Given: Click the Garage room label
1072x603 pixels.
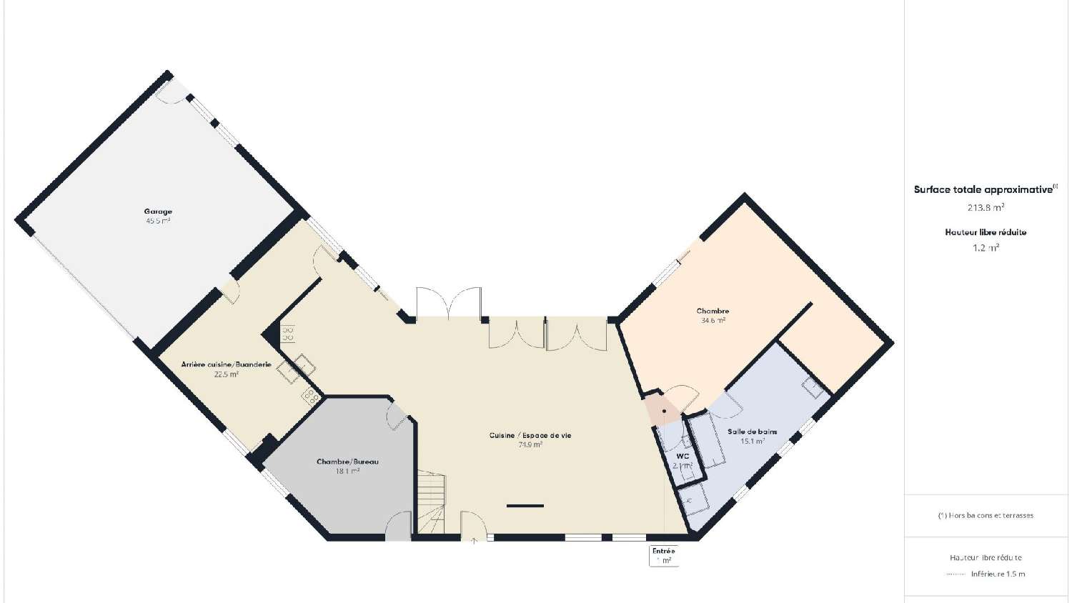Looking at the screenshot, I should point(158,211).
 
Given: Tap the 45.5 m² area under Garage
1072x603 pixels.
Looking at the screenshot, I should point(158,221).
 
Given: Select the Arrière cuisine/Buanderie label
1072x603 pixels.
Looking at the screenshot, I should point(226,364).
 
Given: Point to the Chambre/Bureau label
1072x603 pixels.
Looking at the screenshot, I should point(347,462).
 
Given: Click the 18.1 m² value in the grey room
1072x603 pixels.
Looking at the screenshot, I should point(347,471).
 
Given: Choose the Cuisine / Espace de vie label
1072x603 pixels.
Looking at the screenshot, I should point(530,435).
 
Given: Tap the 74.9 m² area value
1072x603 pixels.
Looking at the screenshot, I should point(530,444).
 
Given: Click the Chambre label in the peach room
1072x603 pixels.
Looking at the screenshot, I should point(713,311).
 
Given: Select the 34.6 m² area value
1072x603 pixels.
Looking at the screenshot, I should point(713,321).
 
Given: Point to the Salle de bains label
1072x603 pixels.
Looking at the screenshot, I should point(752,432).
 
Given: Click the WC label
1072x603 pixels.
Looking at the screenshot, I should point(683,456).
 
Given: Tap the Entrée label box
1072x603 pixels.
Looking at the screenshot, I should point(663,555).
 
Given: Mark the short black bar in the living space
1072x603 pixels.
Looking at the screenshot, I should point(525,506).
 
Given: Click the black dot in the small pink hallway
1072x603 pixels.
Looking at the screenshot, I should point(664,411).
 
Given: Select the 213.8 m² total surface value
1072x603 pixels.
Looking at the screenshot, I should point(986,208).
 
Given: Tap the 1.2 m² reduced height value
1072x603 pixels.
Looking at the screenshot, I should point(986,248).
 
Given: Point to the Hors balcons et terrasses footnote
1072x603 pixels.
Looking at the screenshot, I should point(986,515).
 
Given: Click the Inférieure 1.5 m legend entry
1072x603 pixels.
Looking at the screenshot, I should point(997,574).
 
